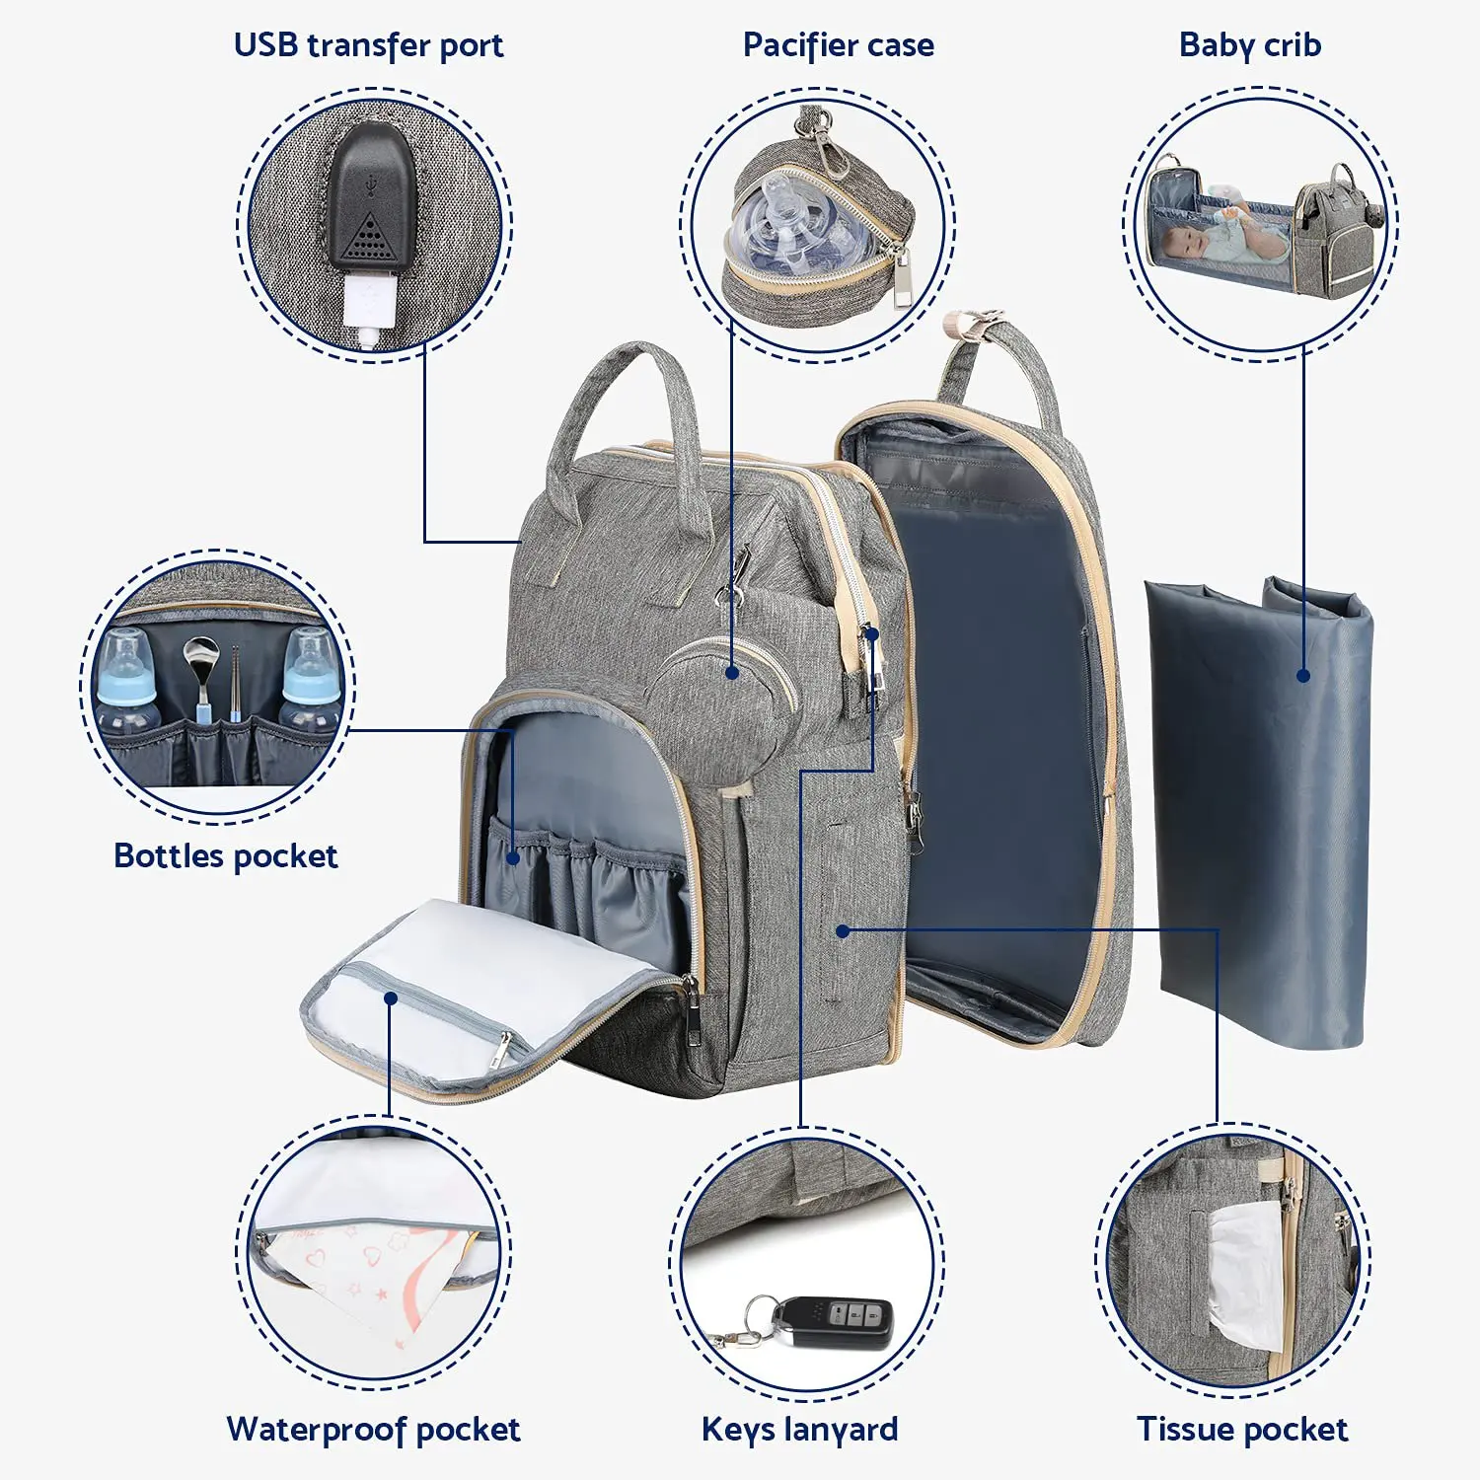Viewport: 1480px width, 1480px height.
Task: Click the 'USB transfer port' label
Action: [x=368, y=45]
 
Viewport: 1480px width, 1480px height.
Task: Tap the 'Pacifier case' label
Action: [x=838, y=45]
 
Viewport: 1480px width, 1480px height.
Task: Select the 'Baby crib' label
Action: [x=1249, y=45]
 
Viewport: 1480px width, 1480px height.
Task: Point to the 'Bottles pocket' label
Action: [x=225, y=855]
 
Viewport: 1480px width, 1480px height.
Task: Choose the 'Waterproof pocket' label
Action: [x=373, y=1429]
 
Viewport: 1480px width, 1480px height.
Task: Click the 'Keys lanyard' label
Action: [x=799, y=1429]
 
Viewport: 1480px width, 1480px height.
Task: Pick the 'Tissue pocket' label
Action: [x=1241, y=1429]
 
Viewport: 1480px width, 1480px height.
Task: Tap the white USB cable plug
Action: [x=370, y=306]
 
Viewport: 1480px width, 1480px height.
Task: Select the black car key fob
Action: [x=844, y=1321]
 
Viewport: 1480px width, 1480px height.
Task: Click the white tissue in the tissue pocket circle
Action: [x=1245, y=1273]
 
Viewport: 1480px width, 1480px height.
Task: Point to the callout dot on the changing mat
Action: [x=1303, y=676]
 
